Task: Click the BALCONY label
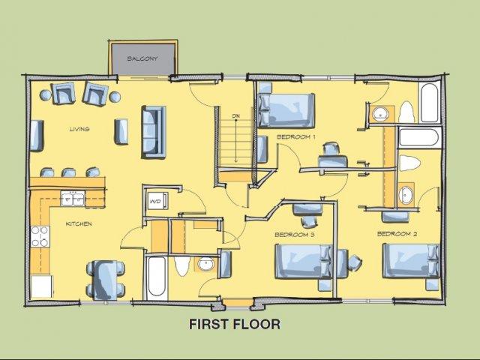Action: (x=142, y=58)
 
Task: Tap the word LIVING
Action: (x=79, y=129)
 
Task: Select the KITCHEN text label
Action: (x=79, y=223)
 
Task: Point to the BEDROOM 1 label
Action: (x=295, y=136)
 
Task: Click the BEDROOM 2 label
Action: (x=397, y=234)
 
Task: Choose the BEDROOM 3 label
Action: (x=294, y=235)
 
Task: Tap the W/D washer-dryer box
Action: (x=156, y=202)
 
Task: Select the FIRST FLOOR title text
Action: (x=234, y=325)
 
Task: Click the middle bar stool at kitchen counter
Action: (x=70, y=172)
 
